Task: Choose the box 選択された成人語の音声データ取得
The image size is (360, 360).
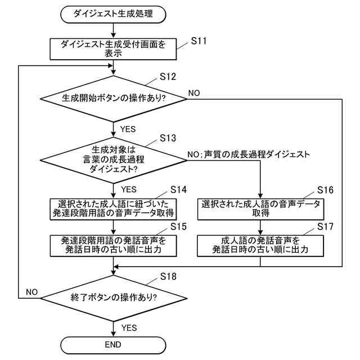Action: pos(261,208)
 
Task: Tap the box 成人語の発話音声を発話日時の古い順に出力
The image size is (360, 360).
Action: pos(261,245)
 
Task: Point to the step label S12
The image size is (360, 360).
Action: pos(168,76)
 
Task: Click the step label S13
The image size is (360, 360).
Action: pos(168,137)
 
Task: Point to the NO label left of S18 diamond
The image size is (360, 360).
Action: pos(31,292)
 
